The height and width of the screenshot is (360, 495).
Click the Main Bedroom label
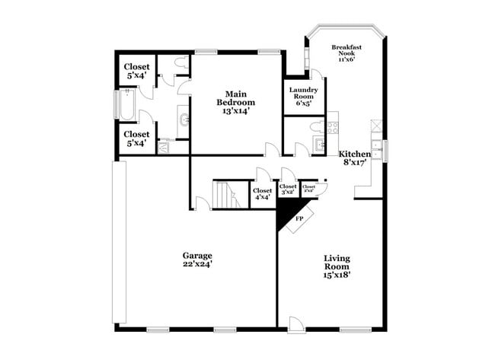[x=235, y=102]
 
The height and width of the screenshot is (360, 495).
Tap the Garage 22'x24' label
[x=196, y=260]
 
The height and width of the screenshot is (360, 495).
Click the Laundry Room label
[x=303, y=96]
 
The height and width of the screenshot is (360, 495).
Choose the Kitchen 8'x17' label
[x=355, y=158]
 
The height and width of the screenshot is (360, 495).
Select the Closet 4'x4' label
[x=262, y=194]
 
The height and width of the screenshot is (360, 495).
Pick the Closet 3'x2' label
[x=288, y=190]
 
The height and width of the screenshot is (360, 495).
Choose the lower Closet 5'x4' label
[x=138, y=139]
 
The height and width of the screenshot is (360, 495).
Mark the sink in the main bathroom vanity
[x=183, y=120]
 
